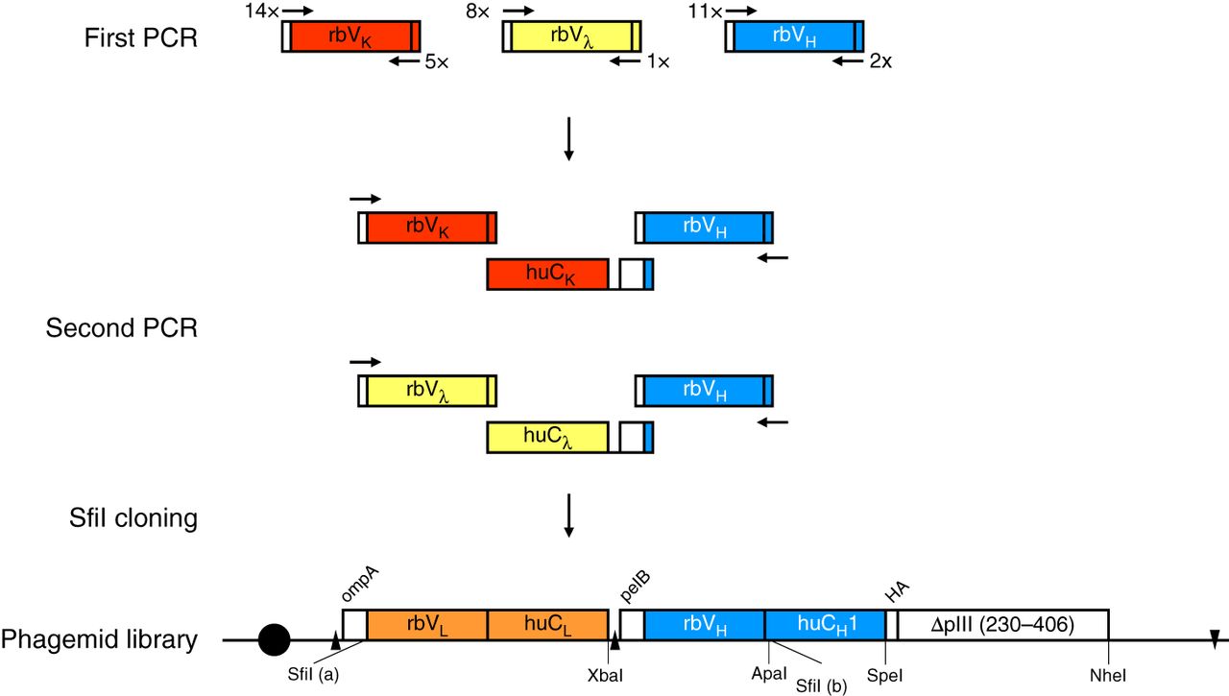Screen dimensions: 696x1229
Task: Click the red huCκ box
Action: [x=547, y=274]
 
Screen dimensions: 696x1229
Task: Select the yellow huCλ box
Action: [x=547, y=438]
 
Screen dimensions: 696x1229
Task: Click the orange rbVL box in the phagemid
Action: [x=427, y=624]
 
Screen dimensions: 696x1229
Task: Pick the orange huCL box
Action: [x=548, y=624]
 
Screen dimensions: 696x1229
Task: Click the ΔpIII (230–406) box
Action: [x=1003, y=624]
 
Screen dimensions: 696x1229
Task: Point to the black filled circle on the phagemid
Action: [x=275, y=638]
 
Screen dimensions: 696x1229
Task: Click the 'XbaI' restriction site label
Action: [x=607, y=675]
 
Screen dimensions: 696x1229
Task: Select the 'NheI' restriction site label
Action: [x=1109, y=675]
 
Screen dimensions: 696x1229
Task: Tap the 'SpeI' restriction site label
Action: [x=884, y=675]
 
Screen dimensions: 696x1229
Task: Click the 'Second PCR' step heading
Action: [x=121, y=328]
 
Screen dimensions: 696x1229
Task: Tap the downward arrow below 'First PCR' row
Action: [x=568, y=139]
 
